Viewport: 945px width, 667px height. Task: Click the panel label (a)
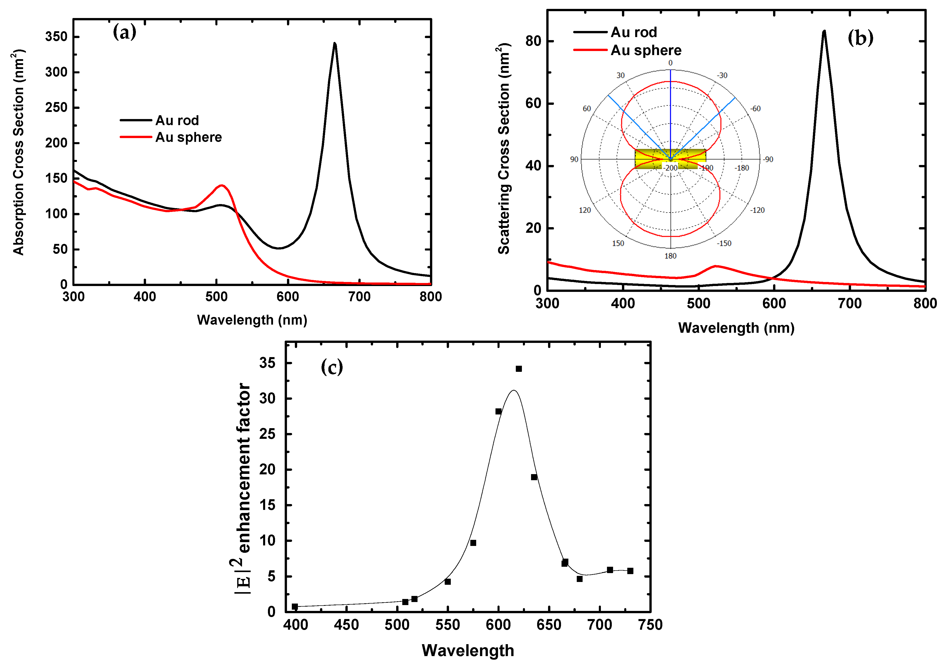click(x=124, y=32)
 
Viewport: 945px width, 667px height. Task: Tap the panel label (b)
click(x=860, y=38)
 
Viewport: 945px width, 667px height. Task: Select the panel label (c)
click(x=332, y=367)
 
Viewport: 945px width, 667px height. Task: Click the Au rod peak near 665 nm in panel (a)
click(x=335, y=44)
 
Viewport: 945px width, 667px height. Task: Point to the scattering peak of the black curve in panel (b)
click(x=824, y=32)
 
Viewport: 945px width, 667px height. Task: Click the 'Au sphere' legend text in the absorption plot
click(x=188, y=137)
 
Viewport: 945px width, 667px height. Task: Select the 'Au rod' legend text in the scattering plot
click(x=634, y=32)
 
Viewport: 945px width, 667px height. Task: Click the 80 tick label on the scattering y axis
click(x=533, y=41)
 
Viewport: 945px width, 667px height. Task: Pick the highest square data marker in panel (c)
click(x=519, y=369)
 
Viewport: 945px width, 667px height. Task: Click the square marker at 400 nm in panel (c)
click(x=295, y=607)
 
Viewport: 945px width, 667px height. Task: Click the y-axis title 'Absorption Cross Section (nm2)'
click(x=19, y=152)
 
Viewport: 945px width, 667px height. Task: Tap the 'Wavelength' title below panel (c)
click(x=468, y=651)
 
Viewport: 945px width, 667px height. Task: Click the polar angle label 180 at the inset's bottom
click(x=670, y=256)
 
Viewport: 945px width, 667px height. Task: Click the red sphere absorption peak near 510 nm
click(x=222, y=186)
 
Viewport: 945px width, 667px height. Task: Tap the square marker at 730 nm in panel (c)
click(x=630, y=571)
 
